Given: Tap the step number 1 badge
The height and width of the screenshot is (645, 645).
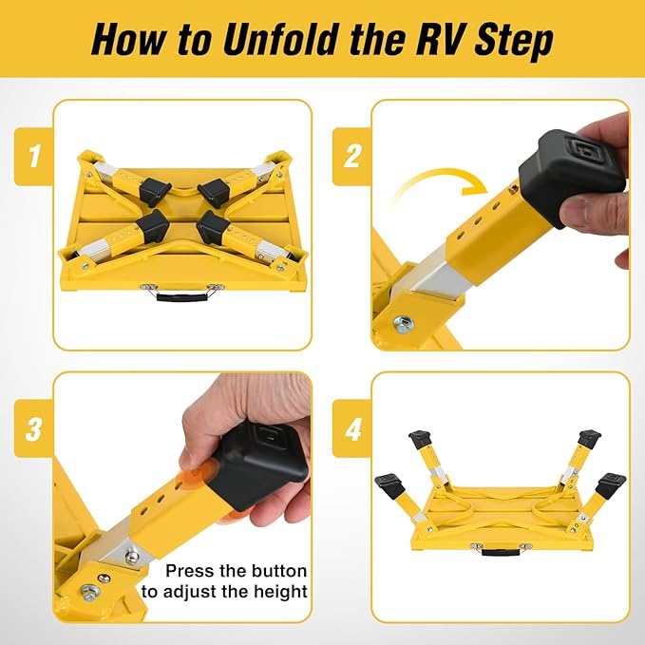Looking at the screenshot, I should point(34,157).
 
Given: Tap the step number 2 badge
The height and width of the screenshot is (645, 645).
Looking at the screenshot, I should point(352,157).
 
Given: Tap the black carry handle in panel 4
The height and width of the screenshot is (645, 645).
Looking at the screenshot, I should point(501,550).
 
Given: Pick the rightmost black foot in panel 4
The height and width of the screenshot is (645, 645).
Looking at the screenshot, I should point(611,484).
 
